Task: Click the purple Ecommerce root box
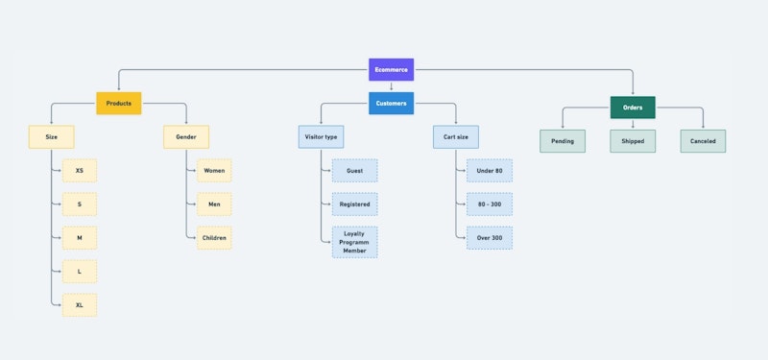pyautogui.click(x=391, y=70)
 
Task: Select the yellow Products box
pyautogui.click(x=118, y=103)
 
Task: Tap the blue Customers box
pyautogui.click(x=391, y=103)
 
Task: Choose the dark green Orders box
pyautogui.click(x=633, y=108)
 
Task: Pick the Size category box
pyautogui.click(x=51, y=137)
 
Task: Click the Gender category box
pyautogui.click(x=185, y=137)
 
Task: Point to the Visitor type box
pyautogui.click(x=321, y=137)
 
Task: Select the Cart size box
pyautogui.click(x=456, y=137)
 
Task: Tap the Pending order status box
pyautogui.click(x=563, y=141)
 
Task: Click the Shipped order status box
pyautogui.click(x=633, y=141)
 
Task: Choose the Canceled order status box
pyautogui.click(x=704, y=141)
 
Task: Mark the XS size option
pyautogui.click(x=79, y=171)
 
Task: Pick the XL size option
pyautogui.click(x=79, y=305)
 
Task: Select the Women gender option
pyautogui.click(x=214, y=171)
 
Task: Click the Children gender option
pyautogui.click(x=214, y=237)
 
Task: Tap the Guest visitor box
pyautogui.click(x=354, y=171)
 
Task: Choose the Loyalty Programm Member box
pyautogui.click(x=354, y=242)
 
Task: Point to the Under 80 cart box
pyautogui.click(x=490, y=171)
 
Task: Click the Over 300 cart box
pyautogui.click(x=490, y=237)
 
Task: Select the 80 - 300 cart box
pyautogui.click(x=490, y=204)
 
